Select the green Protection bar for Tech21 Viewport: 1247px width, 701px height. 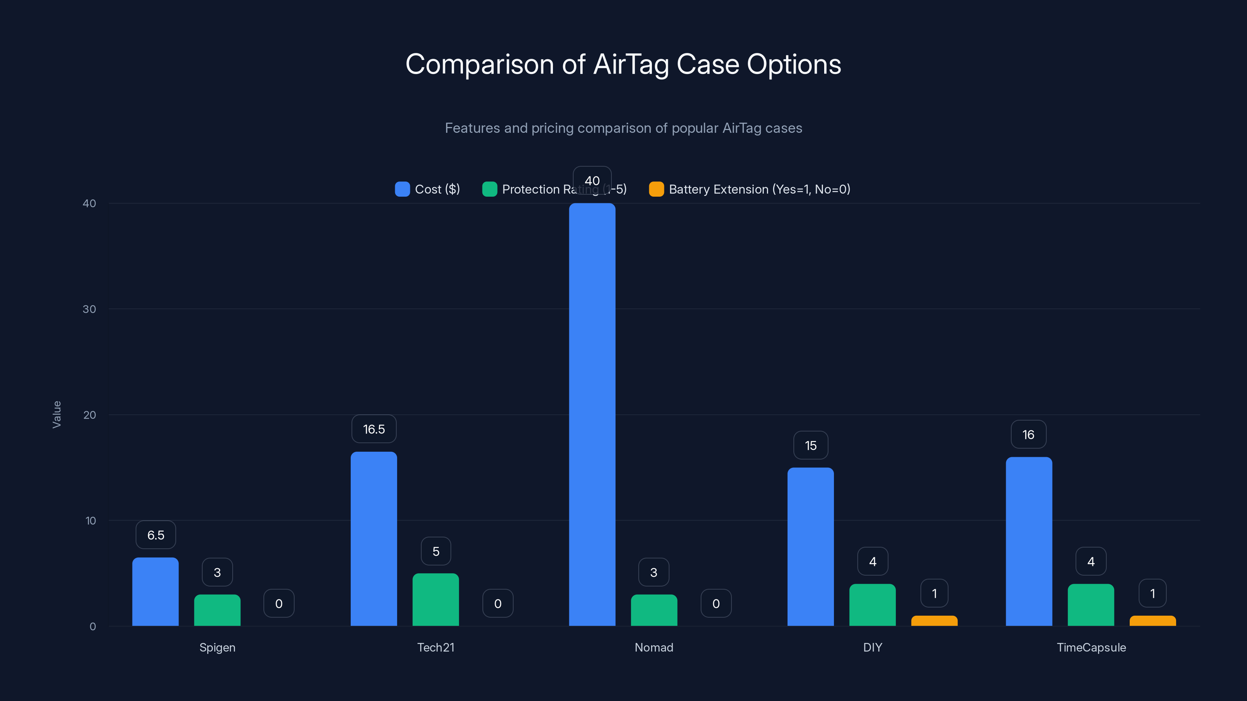pyautogui.click(x=436, y=600)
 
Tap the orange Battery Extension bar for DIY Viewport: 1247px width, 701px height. pyautogui.click(x=934, y=621)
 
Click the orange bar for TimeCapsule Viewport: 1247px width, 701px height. pyautogui.click(x=1153, y=621)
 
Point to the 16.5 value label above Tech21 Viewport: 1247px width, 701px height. pyautogui.click(x=374, y=429)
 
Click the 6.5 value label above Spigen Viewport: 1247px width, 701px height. pyautogui.click(x=155, y=535)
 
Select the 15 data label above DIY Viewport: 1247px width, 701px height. pyautogui.click(x=811, y=446)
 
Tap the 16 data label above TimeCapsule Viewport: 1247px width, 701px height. pyautogui.click(x=1028, y=435)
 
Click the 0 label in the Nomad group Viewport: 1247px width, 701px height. pyautogui.click(x=716, y=604)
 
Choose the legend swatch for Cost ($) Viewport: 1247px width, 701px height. pyautogui.click(x=402, y=189)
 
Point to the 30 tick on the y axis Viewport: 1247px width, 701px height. pyautogui.click(x=89, y=309)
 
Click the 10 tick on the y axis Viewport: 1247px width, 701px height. pyautogui.click(x=90, y=521)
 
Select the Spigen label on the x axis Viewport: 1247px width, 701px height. pyautogui.click(x=217, y=648)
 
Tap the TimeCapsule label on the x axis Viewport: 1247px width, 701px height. pyautogui.click(x=1091, y=648)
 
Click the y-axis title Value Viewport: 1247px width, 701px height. pyautogui.click(x=57, y=415)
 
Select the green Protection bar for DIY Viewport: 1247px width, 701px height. pyautogui.click(x=873, y=605)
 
